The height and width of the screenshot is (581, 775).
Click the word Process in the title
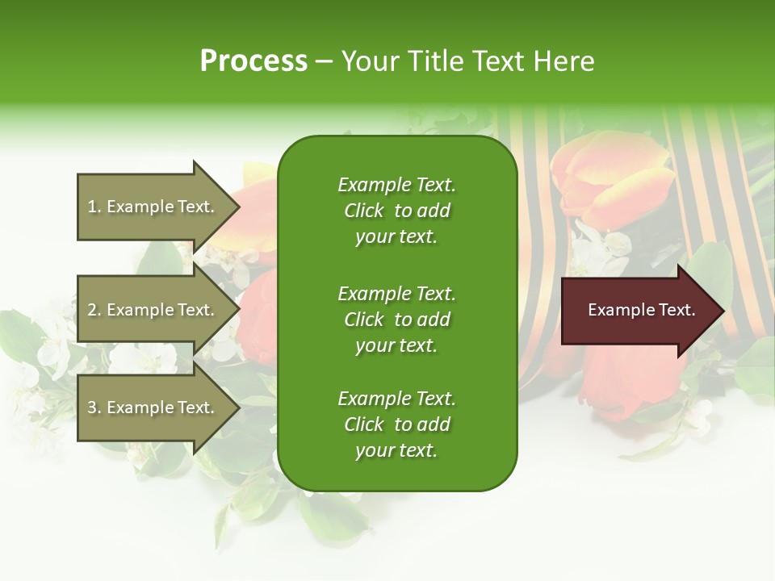pyautogui.click(x=253, y=61)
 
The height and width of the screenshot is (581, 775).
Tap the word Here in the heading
pyautogui.click(x=563, y=61)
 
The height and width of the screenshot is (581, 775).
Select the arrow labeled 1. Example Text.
pyautogui.click(x=153, y=207)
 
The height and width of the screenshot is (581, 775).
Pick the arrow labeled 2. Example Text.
pyautogui.click(x=153, y=310)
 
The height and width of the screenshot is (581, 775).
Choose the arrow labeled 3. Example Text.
pyautogui.click(x=153, y=408)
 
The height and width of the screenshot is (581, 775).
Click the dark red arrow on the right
pyautogui.click(x=638, y=311)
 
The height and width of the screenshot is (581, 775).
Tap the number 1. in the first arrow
pyautogui.click(x=94, y=207)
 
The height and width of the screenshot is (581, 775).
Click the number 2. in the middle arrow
pyautogui.click(x=94, y=310)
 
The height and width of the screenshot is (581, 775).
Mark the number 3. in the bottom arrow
pyautogui.click(x=94, y=408)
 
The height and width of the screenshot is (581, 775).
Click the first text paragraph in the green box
pyautogui.click(x=396, y=211)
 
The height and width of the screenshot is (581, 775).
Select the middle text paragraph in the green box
pyautogui.click(x=396, y=319)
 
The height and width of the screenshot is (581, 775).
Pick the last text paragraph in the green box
pyautogui.click(x=396, y=424)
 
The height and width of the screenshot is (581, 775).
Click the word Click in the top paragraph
pyautogui.click(x=364, y=211)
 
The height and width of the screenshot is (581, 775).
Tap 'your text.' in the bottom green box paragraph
pyautogui.click(x=396, y=450)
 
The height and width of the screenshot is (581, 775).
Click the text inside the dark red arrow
pyautogui.click(x=641, y=310)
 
